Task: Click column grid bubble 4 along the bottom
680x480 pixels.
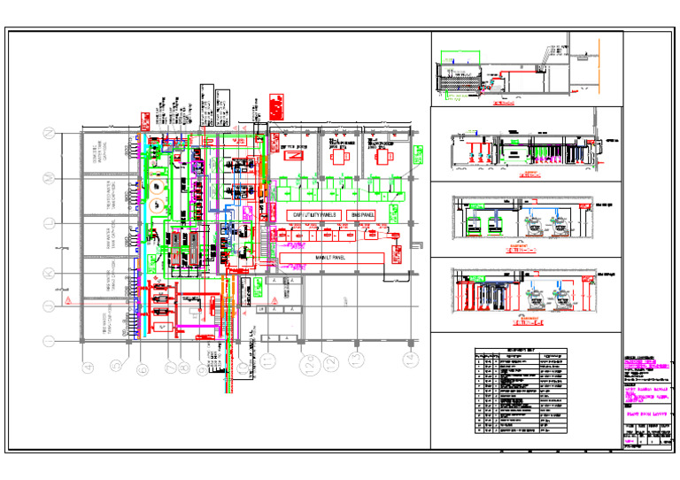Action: pyautogui.click(x=88, y=365)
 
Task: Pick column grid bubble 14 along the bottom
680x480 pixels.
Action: pyautogui.click(x=409, y=359)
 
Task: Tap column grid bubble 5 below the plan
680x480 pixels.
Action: pyautogui.click(x=115, y=365)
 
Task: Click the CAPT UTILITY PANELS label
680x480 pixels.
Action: pyautogui.click(x=315, y=215)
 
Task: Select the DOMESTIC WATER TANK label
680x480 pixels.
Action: pyautogui.click(x=98, y=154)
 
